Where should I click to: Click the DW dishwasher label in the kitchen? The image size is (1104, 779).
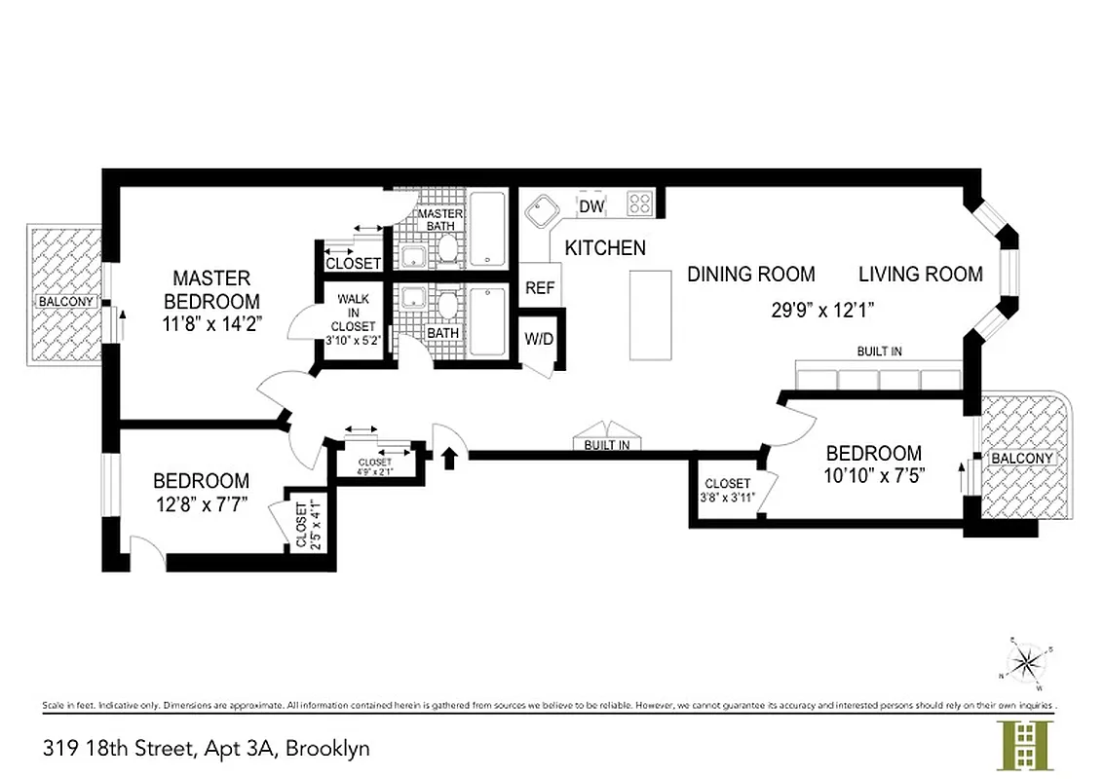point(591,206)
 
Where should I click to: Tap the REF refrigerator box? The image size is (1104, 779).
point(539,288)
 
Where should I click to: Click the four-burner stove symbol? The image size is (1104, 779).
point(639,204)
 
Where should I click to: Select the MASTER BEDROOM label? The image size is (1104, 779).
point(211,289)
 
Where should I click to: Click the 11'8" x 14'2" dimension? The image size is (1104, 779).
point(211,320)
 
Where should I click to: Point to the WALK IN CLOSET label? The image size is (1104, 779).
point(352,313)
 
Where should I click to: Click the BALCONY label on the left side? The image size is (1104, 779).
point(66,302)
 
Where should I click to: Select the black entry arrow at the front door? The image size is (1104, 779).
point(449,457)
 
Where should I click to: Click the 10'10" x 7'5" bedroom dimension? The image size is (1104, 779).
point(873,476)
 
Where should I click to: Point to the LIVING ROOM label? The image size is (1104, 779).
point(920,275)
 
